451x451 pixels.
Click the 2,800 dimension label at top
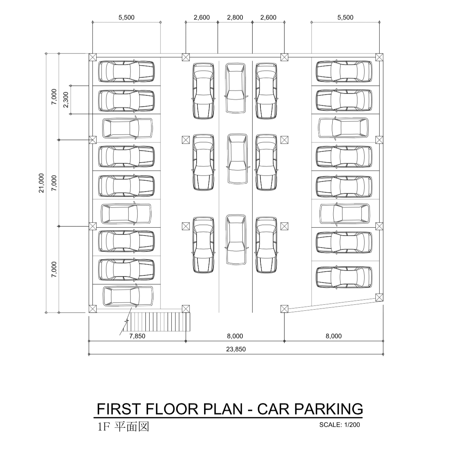(235, 18)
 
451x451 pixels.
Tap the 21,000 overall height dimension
(41, 183)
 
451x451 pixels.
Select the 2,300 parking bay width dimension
(66, 100)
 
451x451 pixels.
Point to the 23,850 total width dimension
(236, 349)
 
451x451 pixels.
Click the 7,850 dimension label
(137, 336)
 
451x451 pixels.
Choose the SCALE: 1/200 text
(340, 425)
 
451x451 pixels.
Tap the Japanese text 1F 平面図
(123, 427)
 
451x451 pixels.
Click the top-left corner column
(93, 57)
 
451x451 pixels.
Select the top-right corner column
(379, 57)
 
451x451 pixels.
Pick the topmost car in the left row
(126, 72)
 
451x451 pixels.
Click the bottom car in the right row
(344, 277)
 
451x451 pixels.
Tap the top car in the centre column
(236, 88)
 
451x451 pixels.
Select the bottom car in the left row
(128, 296)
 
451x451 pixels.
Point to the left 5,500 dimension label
(126, 18)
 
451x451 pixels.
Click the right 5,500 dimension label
(345, 18)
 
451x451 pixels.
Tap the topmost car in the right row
(344, 72)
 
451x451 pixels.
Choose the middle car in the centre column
(238, 159)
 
